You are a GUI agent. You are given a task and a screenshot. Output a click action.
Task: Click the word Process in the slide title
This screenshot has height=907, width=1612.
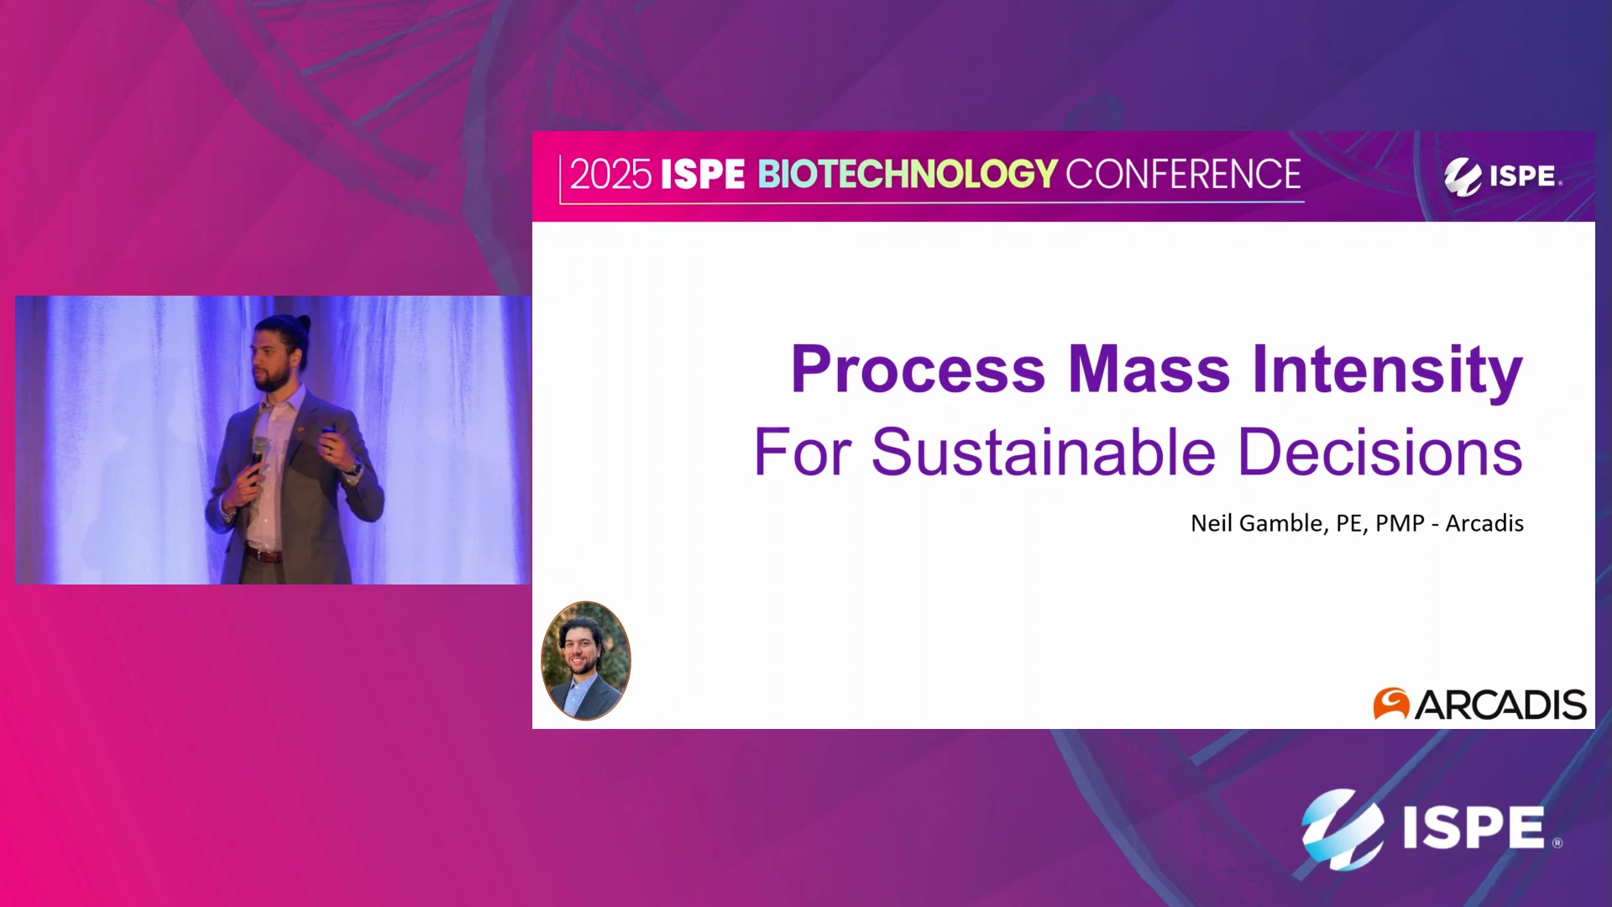click(918, 370)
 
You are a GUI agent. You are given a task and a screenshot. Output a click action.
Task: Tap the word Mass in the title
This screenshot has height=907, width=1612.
click(1149, 369)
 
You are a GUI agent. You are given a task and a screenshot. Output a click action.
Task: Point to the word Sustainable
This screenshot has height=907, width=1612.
click(1044, 453)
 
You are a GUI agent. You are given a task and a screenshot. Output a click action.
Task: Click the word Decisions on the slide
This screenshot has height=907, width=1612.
click(1380, 453)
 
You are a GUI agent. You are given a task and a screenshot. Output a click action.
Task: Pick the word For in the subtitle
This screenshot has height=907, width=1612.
click(803, 453)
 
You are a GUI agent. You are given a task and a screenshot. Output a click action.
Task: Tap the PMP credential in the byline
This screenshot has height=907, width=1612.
click(1400, 523)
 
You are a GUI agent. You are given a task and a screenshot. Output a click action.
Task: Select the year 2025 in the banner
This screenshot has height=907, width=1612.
click(610, 175)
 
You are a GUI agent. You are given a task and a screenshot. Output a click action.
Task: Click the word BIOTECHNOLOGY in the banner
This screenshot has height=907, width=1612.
click(908, 175)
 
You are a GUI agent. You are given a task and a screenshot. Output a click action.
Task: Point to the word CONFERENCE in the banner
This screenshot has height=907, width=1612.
click(1183, 175)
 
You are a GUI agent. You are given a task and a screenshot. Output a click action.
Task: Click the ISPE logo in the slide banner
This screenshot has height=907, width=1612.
click(1502, 176)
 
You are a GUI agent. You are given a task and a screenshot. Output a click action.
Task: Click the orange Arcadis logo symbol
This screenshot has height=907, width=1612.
click(1391, 704)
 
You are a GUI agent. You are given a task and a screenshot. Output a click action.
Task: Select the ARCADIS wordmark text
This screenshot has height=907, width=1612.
click(1500, 705)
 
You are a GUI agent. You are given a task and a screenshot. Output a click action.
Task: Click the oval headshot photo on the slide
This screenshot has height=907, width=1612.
click(586, 661)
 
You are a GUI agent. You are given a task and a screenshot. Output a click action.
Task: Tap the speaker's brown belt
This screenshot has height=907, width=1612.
click(264, 554)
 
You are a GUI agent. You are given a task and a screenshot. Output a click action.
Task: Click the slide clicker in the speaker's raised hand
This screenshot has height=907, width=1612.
click(327, 434)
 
